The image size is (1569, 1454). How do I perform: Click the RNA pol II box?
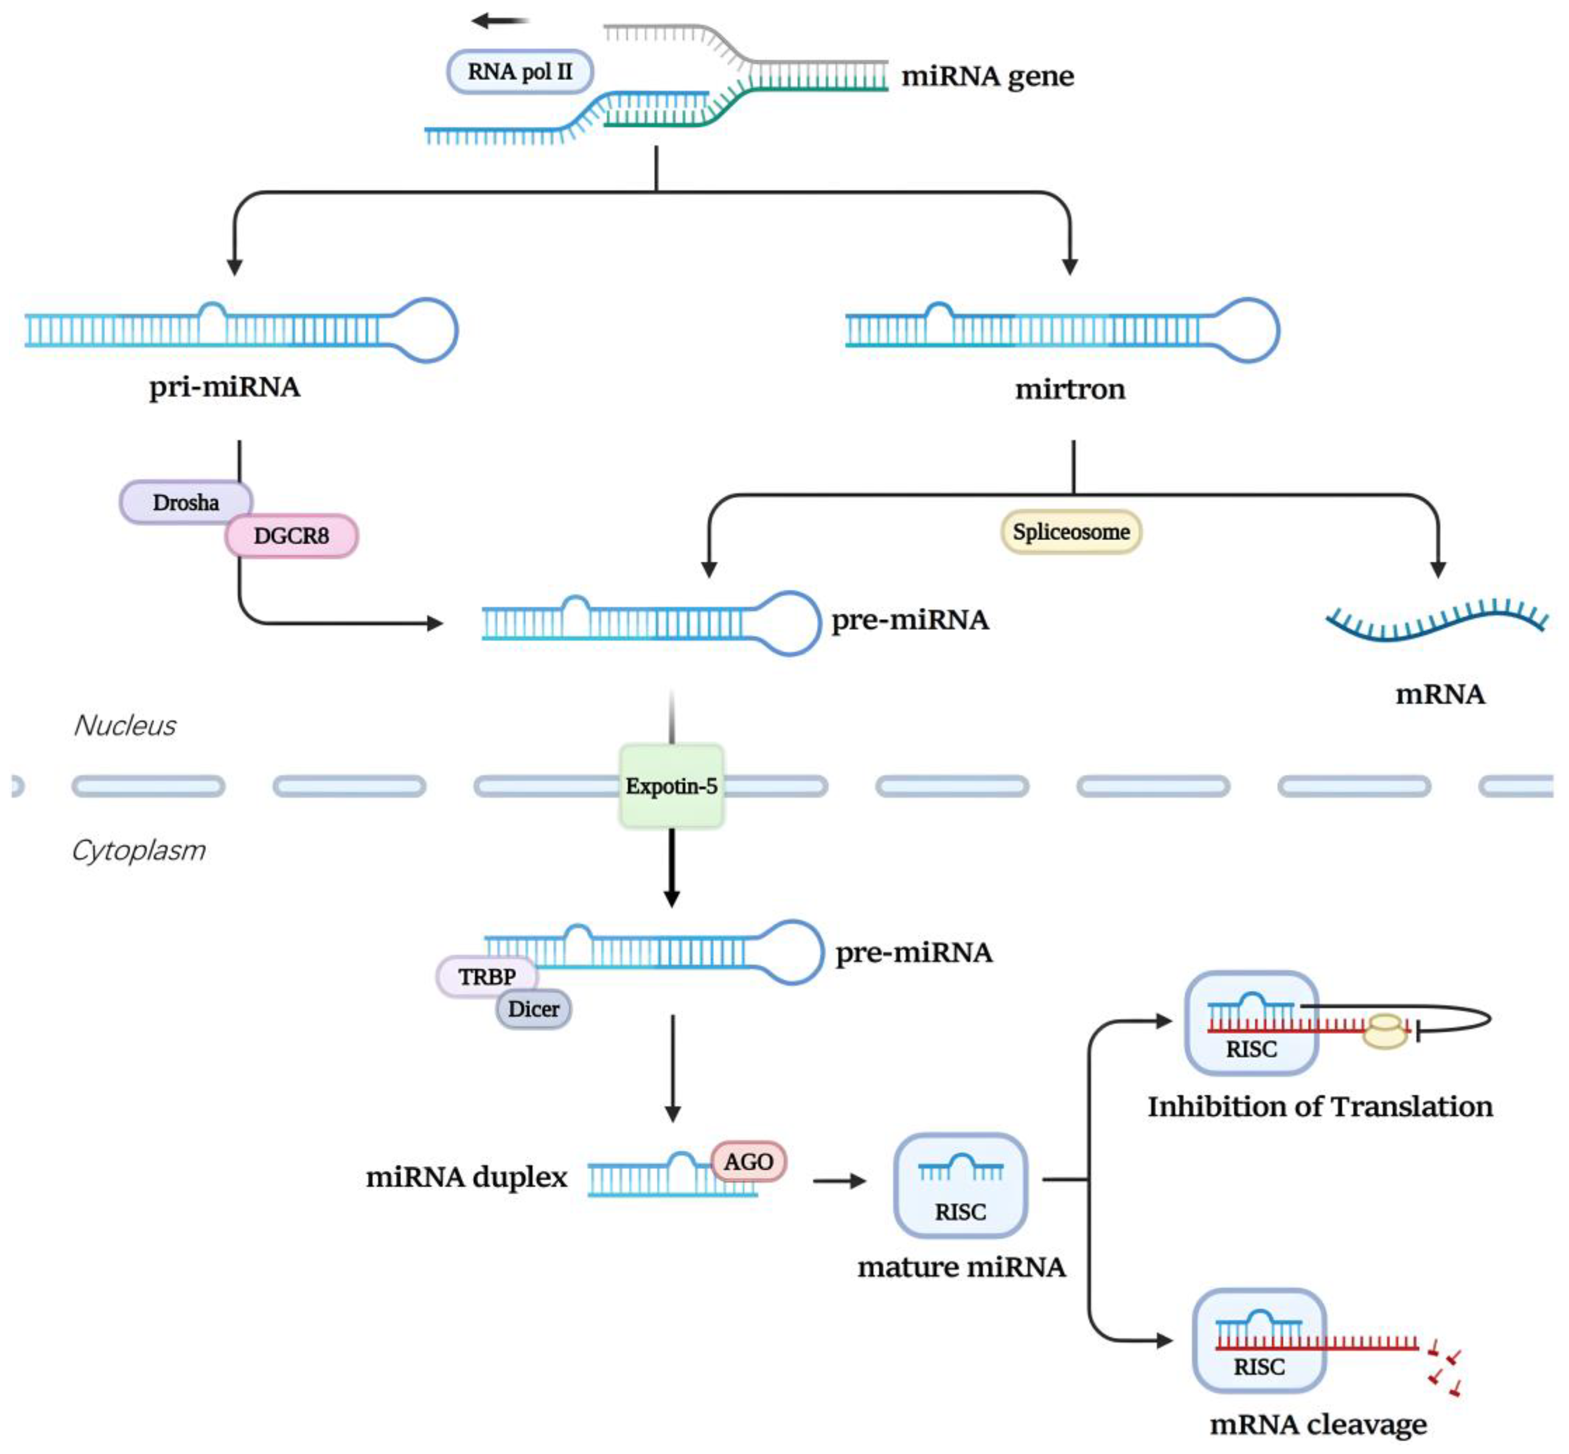[x=519, y=71]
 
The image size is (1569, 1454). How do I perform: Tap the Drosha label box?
[x=185, y=501]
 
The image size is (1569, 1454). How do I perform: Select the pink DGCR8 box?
[x=291, y=536]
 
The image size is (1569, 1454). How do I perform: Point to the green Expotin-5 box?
[x=671, y=785]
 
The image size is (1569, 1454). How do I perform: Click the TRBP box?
[x=487, y=976]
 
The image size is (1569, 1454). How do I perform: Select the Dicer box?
[x=533, y=1009]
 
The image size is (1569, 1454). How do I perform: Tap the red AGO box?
[x=748, y=1162]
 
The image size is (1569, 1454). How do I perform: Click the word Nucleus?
[x=124, y=725]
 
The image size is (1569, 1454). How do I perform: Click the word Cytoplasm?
[x=138, y=850]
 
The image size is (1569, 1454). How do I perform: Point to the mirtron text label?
[x=1069, y=389]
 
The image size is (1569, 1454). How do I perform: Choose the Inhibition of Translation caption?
[x=1319, y=1106]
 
